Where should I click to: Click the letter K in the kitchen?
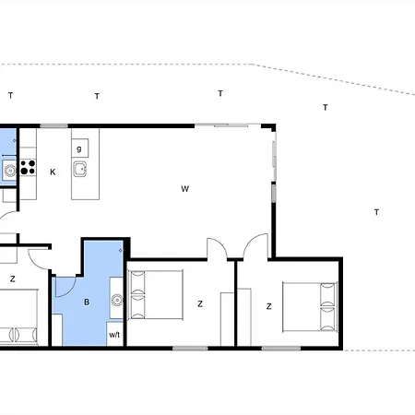click(53, 172)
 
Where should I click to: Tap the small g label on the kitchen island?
click(79, 148)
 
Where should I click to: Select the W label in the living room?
click(184, 189)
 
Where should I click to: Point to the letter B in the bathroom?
click(87, 302)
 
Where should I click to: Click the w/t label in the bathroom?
click(115, 335)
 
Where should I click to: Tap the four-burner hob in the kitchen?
click(27, 168)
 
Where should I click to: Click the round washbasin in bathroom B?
click(117, 300)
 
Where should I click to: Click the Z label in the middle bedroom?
click(199, 302)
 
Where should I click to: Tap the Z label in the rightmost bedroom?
click(268, 306)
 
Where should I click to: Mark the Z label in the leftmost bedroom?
click(13, 278)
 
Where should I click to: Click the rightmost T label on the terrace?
click(376, 213)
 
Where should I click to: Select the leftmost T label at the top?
click(10, 96)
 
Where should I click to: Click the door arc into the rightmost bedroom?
click(255, 247)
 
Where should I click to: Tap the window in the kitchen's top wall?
click(54, 125)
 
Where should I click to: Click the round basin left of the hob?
click(8, 169)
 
